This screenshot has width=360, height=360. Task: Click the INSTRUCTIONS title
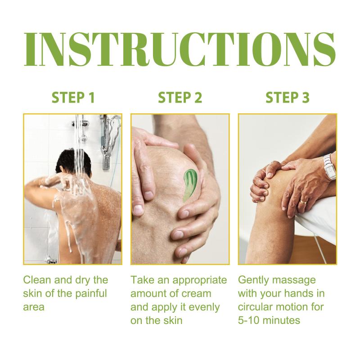tap(180, 49)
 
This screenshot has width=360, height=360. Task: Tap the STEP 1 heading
tap(73, 98)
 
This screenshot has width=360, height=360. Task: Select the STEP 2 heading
tap(180, 98)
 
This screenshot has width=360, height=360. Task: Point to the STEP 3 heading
tap(288, 98)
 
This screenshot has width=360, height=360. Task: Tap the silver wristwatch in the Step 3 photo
tap(330, 167)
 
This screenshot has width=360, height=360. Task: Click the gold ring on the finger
tap(303, 202)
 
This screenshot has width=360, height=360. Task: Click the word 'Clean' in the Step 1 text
tap(37, 280)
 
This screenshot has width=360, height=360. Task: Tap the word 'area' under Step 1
tap(33, 307)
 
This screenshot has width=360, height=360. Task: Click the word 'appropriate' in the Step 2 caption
tap(199, 280)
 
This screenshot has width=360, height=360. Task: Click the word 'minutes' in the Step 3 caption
tap(282, 320)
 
